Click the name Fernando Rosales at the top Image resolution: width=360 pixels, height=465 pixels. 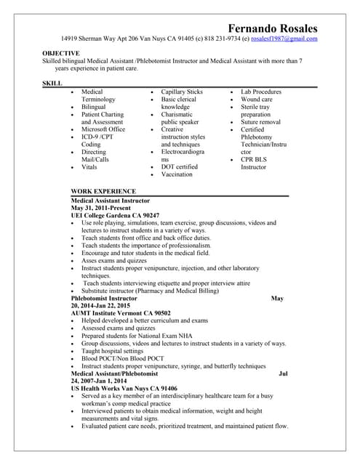coord(273,28)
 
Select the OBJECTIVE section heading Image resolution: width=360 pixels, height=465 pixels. coord(61,54)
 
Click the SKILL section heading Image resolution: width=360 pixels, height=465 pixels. coord(52,84)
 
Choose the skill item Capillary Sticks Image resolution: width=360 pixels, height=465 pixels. coord(182,92)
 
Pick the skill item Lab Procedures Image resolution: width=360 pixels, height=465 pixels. coord(261,92)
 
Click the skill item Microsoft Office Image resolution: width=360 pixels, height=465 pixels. coord(103,129)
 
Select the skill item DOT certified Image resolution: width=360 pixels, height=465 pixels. coord(180,166)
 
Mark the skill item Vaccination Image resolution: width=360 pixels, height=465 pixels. coord(177,174)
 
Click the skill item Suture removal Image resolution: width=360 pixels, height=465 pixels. coord(260,122)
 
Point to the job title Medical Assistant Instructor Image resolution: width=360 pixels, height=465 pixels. coord(111,200)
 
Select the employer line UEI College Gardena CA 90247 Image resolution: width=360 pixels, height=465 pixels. coord(115,216)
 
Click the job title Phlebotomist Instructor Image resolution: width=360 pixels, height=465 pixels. coord(104,298)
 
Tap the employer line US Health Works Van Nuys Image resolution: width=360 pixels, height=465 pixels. coord(124,389)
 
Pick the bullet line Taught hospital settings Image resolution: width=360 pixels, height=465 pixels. coord(113,351)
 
